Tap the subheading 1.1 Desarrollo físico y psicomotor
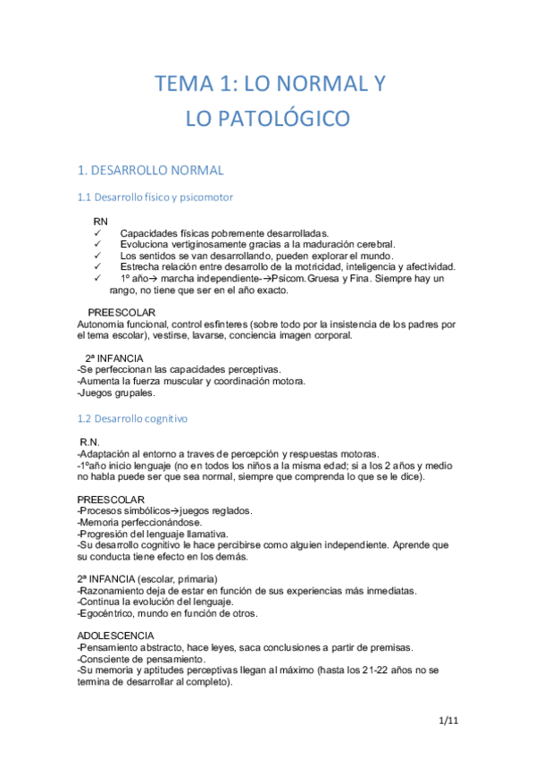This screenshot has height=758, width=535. click(x=155, y=197)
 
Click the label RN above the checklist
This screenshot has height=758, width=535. click(x=101, y=220)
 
